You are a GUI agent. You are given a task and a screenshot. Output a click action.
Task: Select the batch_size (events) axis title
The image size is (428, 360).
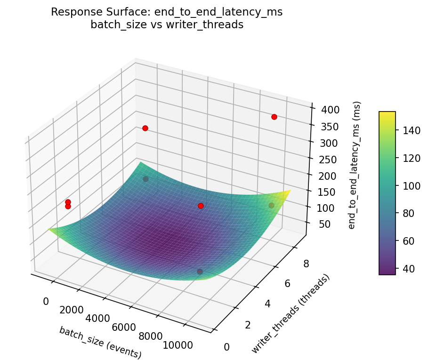click(100, 342)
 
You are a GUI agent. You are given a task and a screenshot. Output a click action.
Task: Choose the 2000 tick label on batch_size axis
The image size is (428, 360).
click(71, 310)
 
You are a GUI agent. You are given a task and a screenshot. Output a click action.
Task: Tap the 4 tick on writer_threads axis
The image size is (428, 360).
click(267, 304)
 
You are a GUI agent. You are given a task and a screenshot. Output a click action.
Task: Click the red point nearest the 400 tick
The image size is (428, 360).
click(274, 117)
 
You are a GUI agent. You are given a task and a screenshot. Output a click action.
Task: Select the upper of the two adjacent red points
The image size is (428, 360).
click(68, 202)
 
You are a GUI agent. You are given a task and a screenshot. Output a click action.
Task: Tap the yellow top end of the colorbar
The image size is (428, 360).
click(387, 113)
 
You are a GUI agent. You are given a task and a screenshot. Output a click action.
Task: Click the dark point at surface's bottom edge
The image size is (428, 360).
click(200, 272)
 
